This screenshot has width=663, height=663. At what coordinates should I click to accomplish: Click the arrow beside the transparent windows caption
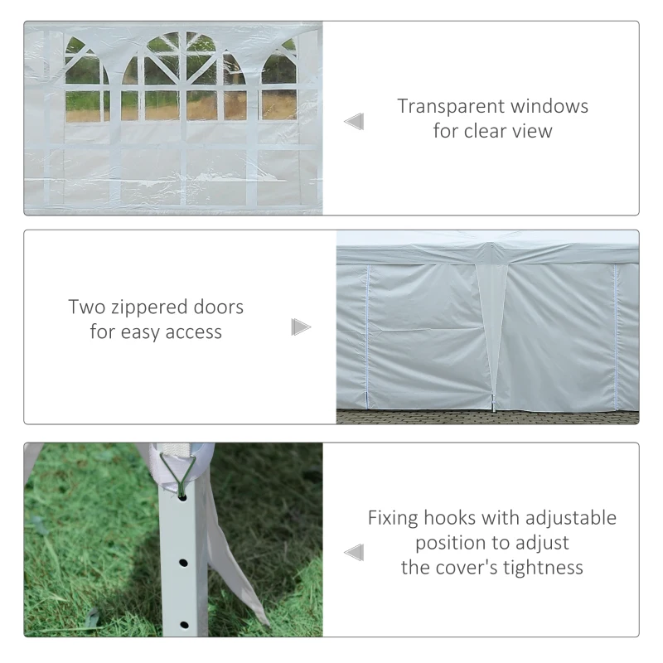354,123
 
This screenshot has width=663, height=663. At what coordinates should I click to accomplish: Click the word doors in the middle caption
216,307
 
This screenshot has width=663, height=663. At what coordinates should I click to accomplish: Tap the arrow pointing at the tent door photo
301,327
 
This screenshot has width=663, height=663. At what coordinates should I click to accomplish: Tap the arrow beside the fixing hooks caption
354,552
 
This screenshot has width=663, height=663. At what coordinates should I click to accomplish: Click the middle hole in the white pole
182,563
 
